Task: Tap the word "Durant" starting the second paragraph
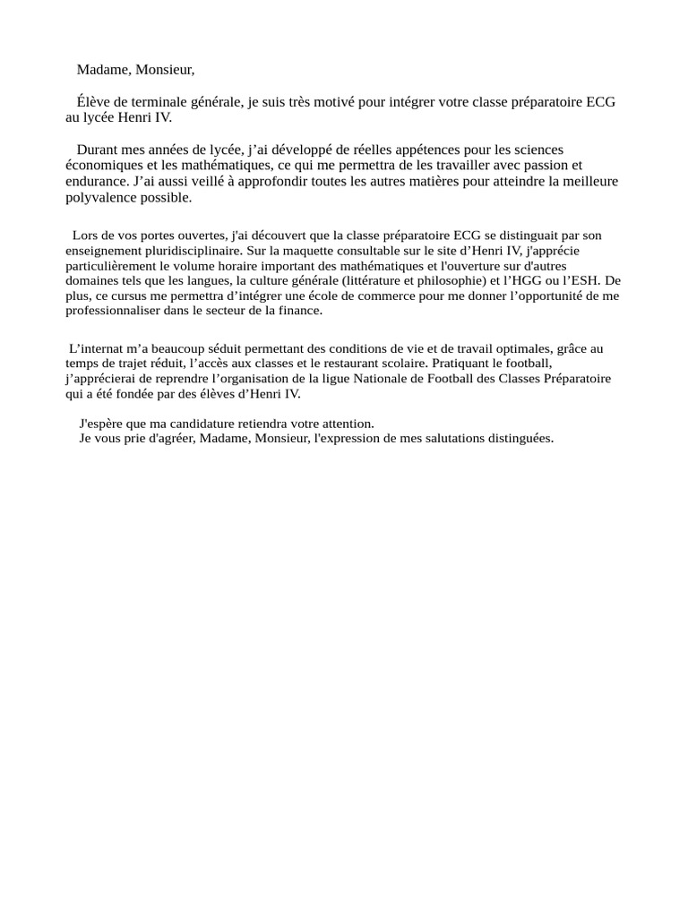coord(97,150)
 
